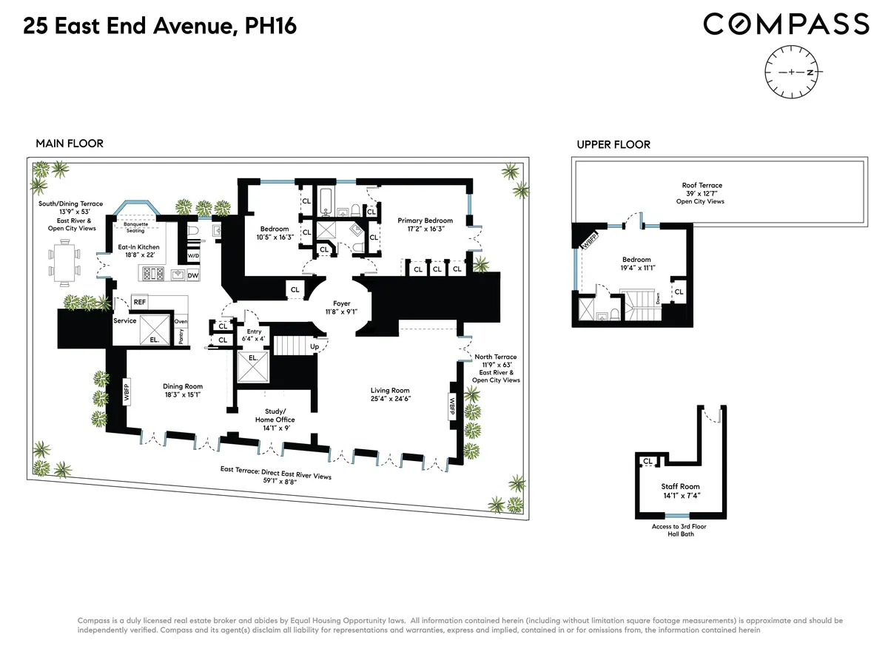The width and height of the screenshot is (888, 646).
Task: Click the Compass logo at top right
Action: (785, 24)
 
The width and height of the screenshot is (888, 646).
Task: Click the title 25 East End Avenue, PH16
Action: (160, 27)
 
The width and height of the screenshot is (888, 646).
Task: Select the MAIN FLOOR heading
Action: (70, 144)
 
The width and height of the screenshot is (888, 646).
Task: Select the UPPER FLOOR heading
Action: (613, 144)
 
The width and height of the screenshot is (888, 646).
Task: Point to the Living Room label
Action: (390, 394)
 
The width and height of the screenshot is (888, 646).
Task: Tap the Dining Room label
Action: (183, 390)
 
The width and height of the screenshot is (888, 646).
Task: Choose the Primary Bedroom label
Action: (425, 225)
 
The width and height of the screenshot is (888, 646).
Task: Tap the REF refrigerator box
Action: (139, 302)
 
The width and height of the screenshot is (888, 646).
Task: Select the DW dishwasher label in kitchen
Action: (193, 275)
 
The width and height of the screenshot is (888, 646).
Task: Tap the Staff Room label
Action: (680, 491)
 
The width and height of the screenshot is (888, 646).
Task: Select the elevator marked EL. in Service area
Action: (153, 328)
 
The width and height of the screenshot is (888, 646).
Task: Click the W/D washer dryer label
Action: (193, 256)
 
